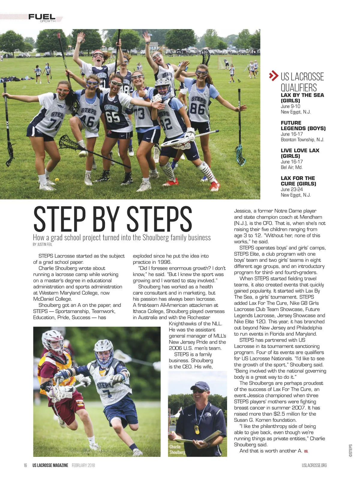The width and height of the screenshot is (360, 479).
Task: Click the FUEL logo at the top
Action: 42,17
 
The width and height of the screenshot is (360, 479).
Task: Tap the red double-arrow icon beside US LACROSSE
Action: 273,76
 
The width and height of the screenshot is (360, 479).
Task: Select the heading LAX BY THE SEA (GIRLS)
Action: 302,98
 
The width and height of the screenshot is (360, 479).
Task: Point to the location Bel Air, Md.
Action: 291,167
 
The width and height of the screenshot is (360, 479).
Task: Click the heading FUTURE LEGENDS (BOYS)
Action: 303,125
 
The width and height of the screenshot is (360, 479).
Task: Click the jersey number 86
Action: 198,108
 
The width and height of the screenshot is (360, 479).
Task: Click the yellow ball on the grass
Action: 57,180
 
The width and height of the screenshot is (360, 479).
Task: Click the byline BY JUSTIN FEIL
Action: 43,245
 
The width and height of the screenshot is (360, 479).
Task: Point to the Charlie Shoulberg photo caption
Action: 177,449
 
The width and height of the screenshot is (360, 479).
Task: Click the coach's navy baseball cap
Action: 200,385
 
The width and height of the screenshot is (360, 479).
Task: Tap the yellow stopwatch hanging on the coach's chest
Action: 197,429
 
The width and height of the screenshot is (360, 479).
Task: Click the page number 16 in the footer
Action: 25,465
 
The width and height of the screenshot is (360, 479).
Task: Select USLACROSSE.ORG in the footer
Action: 314,465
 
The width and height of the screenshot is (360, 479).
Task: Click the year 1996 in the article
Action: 164,262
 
